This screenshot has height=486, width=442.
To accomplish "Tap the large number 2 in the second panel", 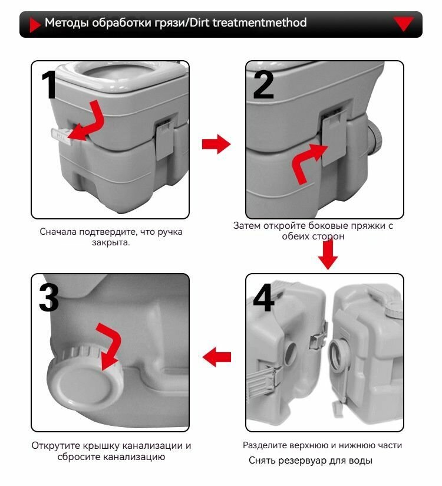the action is (x=263, y=84).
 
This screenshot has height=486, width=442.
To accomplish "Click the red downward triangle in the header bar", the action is (x=403, y=23).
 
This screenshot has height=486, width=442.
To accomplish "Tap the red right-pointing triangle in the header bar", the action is (x=35, y=25).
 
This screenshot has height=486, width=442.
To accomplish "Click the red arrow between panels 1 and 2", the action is (x=216, y=144).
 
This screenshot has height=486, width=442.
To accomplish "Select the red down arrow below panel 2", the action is (x=328, y=254).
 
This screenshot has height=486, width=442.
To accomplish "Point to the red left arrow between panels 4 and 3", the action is (x=216, y=357).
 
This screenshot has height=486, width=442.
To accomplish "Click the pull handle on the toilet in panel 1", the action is (x=62, y=136).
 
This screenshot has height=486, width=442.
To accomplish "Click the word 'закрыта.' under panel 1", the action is (x=111, y=242).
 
